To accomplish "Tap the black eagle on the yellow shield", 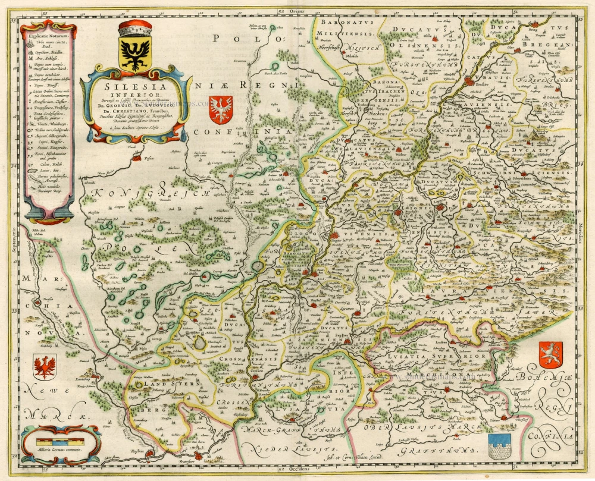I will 135,55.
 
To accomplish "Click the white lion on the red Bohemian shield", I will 550,354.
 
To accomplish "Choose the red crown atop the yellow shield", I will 135,29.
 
